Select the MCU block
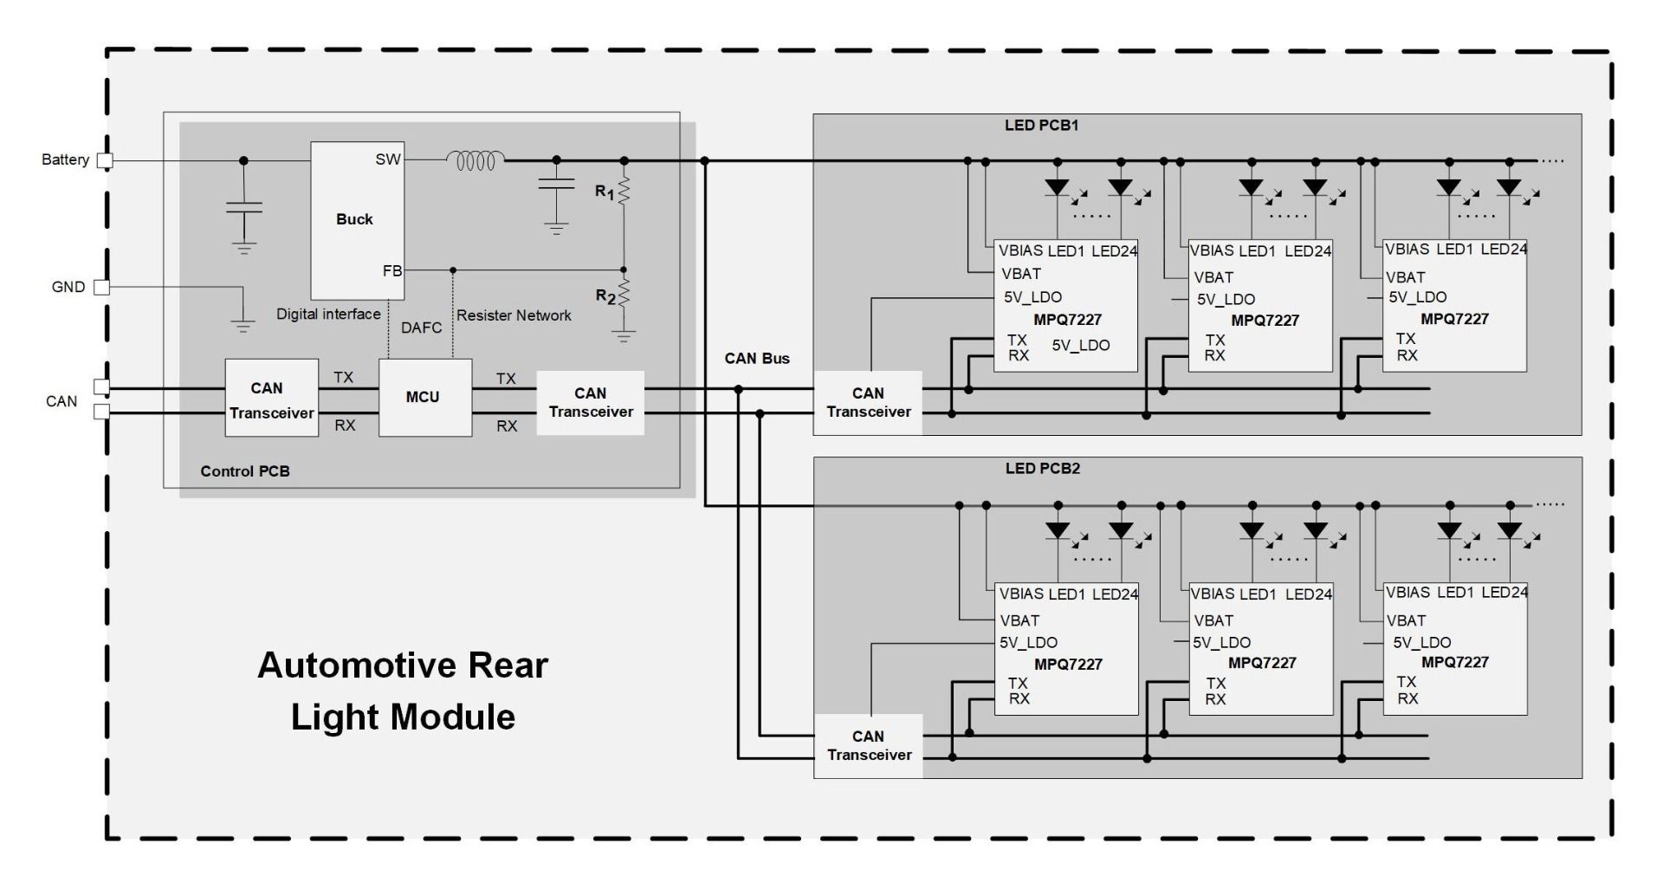click(424, 397)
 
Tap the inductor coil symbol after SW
click(476, 160)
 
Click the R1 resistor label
click(605, 192)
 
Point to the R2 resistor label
click(605, 296)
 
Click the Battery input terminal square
click(105, 160)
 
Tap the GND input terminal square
click(102, 287)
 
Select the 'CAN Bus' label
click(757, 359)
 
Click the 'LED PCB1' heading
click(1041, 126)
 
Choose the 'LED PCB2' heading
click(1042, 469)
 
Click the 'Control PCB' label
click(245, 471)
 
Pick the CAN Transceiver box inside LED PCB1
click(868, 403)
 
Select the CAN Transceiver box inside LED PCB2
click(869, 746)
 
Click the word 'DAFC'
click(421, 328)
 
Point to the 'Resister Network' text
click(514, 315)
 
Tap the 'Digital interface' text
click(328, 314)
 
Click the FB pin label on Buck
click(392, 271)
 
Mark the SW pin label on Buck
click(388, 159)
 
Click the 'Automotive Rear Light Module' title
click(403, 691)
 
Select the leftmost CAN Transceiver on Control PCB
click(271, 400)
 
